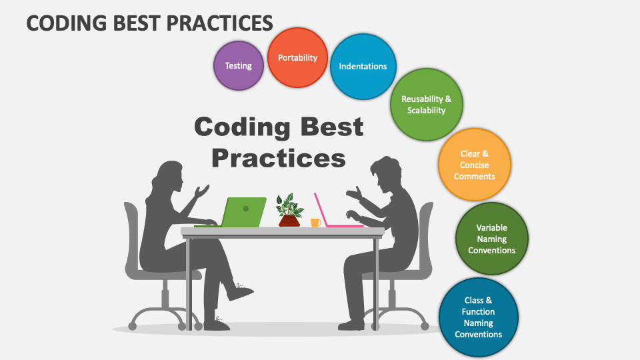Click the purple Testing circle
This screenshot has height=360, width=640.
[239, 66]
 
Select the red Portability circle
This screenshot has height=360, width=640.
[297, 57]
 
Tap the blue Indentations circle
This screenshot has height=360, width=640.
[363, 67]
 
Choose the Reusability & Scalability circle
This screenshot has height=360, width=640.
[427, 105]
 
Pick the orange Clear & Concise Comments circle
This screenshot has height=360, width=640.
[474, 165]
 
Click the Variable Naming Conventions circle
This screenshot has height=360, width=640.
[492, 239]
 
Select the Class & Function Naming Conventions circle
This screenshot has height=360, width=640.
[479, 317]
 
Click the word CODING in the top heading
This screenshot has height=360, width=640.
[67, 23]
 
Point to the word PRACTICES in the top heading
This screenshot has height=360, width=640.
[219, 23]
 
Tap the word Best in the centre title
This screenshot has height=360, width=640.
[332, 127]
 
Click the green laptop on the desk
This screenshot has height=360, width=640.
[241, 212]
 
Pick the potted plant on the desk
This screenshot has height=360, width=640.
[289, 210]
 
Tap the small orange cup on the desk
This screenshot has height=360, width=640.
[315, 223]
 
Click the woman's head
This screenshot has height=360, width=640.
[168, 176]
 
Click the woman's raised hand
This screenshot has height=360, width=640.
[201, 191]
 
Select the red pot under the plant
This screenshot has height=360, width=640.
[289, 221]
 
